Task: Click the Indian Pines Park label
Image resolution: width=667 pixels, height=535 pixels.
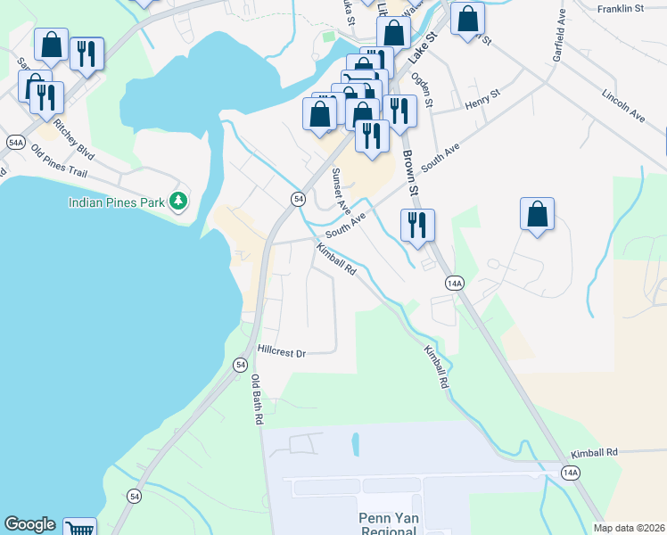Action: (117, 202)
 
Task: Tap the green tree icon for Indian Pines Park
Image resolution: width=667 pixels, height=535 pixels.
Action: (178, 202)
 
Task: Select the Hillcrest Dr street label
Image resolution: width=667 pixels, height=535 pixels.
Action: (282, 352)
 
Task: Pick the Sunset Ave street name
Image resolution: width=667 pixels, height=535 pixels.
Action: (341, 189)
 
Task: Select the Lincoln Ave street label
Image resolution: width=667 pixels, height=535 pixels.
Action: (622, 104)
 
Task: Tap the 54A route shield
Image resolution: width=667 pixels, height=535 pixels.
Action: (14, 143)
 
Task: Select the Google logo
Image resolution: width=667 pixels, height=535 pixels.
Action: (29, 524)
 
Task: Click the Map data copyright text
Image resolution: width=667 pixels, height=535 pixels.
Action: (630, 528)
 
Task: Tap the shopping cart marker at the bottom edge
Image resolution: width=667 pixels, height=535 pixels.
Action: (80, 528)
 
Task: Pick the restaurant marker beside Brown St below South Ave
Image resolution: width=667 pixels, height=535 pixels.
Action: (417, 225)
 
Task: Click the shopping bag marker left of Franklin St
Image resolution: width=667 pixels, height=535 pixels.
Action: (467, 20)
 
